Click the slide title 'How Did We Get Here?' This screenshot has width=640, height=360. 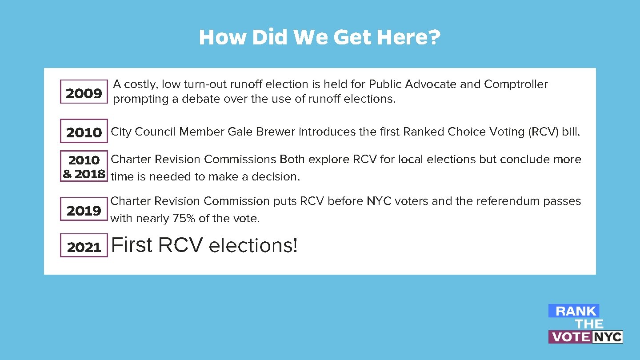pos(320,38)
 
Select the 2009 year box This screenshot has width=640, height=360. pos(84,92)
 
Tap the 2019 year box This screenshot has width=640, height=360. pos(84,210)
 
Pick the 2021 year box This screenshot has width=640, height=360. pos(84,246)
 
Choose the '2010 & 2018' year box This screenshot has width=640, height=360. pos(84,166)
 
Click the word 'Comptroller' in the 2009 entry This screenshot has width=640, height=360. pos(516,84)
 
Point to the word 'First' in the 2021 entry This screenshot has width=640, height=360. pos(132,245)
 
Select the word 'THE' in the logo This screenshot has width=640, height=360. pos(589,324)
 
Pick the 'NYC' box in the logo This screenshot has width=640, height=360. pos(608,337)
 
